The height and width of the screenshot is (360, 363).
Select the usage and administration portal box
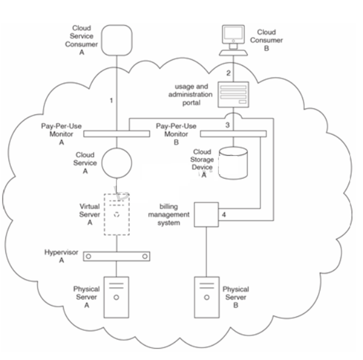click(x=234, y=96)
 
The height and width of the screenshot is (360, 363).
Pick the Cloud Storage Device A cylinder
click(x=232, y=164)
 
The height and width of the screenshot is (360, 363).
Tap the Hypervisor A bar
click(x=115, y=256)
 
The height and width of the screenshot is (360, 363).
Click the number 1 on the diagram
click(x=112, y=100)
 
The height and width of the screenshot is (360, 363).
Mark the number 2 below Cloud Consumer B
click(x=228, y=73)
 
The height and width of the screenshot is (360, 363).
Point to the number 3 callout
click(x=227, y=125)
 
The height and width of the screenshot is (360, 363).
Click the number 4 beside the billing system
click(x=224, y=213)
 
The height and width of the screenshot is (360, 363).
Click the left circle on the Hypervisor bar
click(x=89, y=256)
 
